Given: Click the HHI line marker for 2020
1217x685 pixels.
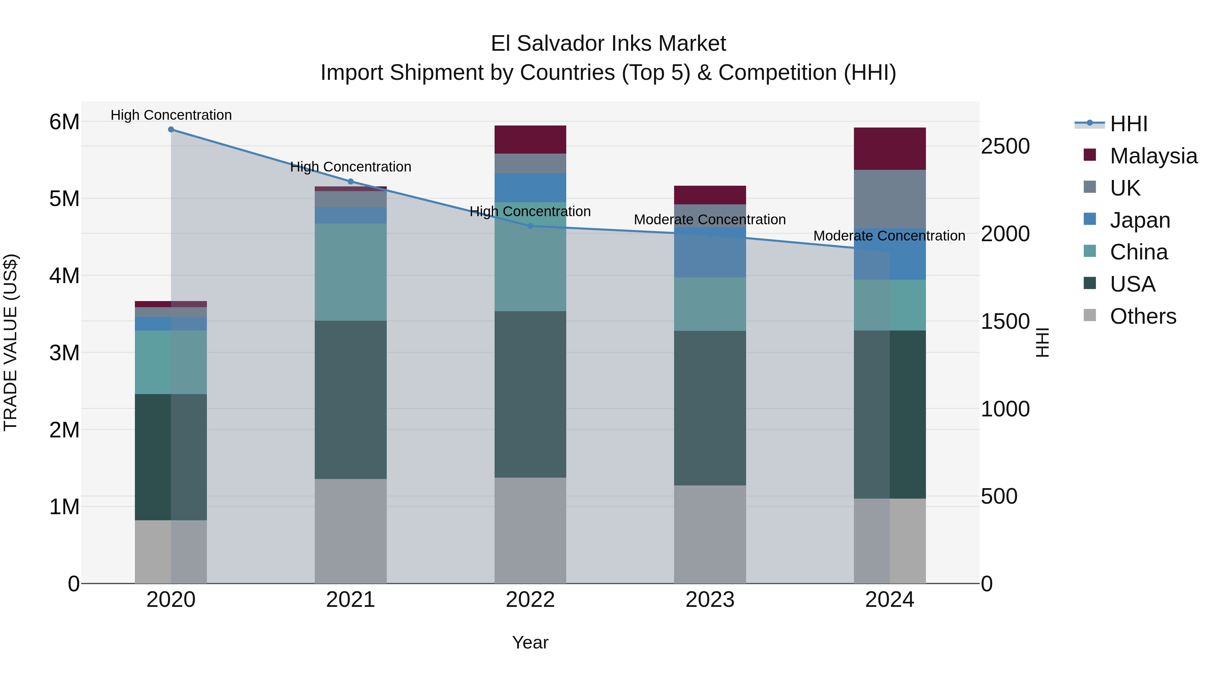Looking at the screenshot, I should [x=171, y=130].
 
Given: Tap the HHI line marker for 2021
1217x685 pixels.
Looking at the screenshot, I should [x=351, y=182].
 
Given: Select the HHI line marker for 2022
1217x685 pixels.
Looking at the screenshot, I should [x=530, y=226].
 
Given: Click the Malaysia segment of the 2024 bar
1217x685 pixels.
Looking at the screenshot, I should [x=890, y=149].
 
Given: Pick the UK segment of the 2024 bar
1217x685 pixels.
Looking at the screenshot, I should [x=890, y=199].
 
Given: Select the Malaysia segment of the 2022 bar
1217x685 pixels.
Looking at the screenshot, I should [x=530, y=139].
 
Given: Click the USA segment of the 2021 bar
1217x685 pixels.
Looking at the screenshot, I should [x=351, y=399].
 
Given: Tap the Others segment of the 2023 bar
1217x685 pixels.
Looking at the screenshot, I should [x=710, y=534].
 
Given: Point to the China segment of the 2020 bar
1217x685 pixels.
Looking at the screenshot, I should [x=171, y=362].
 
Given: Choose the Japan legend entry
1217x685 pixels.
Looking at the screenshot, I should [x=1140, y=220].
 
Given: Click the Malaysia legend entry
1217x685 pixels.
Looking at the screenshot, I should [x=1153, y=156].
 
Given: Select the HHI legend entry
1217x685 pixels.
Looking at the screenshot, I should [x=1128, y=124].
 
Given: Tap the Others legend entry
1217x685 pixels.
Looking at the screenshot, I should [x=1142, y=316].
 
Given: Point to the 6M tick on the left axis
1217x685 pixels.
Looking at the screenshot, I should [x=64, y=122].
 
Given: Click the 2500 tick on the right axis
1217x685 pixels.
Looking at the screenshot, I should [x=1005, y=146].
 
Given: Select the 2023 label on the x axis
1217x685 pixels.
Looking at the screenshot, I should [x=710, y=600].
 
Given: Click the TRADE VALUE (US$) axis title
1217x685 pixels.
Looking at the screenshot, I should [x=10, y=342].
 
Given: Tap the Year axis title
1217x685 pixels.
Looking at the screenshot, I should [x=530, y=642].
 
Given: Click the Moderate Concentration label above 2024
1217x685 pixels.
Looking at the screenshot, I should [x=889, y=235].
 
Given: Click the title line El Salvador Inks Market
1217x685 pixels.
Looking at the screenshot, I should [x=608, y=44].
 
